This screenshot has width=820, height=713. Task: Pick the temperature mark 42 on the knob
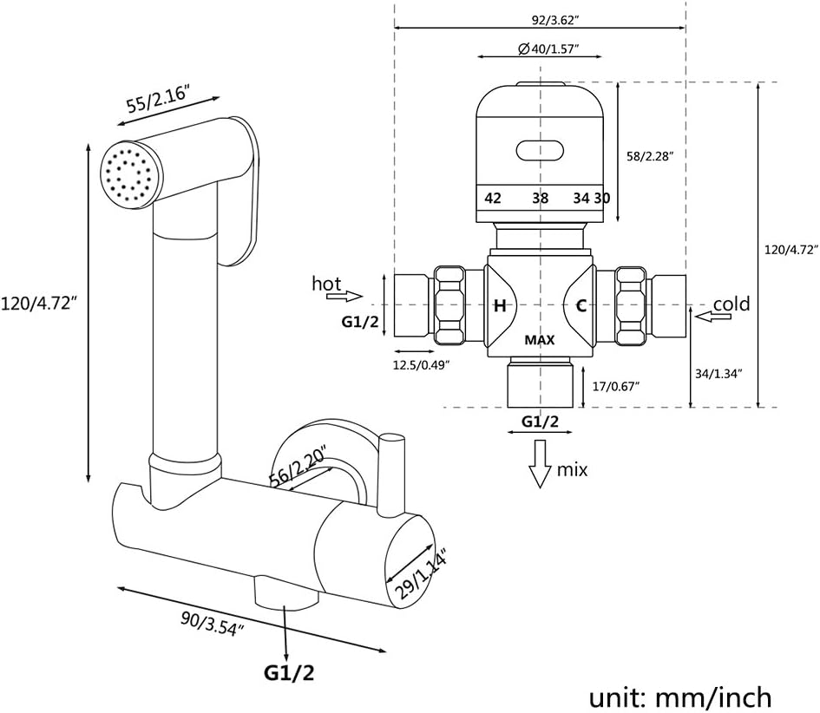click(x=493, y=198)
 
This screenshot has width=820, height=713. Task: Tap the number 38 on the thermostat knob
click(x=540, y=198)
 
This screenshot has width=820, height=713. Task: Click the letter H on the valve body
click(x=500, y=305)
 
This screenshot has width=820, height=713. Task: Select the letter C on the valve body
click(x=581, y=304)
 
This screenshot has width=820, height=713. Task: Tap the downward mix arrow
click(x=541, y=462)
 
